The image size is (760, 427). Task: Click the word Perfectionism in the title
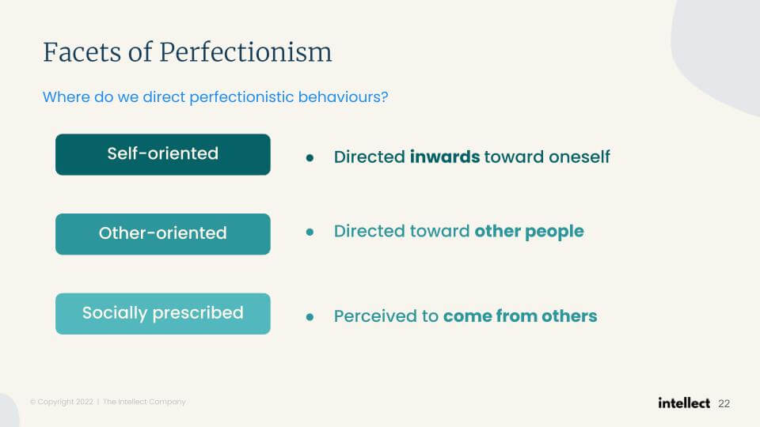pyautogui.click(x=245, y=52)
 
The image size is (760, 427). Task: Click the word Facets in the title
pyautogui.click(x=82, y=52)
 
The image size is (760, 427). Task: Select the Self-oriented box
pyautogui.click(x=163, y=154)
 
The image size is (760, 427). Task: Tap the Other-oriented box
pyautogui.click(x=163, y=234)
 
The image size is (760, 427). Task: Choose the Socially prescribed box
pyautogui.click(x=163, y=314)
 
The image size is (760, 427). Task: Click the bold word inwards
pyautogui.click(x=445, y=157)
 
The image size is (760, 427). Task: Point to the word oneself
pyautogui.click(x=579, y=157)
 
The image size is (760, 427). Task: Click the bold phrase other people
pyautogui.click(x=530, y=232)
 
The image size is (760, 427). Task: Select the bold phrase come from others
pyautogui.click(x=520, y=316)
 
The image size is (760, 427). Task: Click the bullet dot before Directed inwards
pyautogui.click(x=310, y=158)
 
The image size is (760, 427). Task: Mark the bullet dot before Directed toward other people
pyautogui.click(x=310, y=232)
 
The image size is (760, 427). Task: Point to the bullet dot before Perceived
pyautogui.click(x=310, y=317)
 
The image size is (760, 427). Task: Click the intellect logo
pyautogui.click(x=684, y=402)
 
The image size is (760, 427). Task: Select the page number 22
pyautogui.click(x=724, y=404)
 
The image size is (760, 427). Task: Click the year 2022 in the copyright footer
pyautogui.click(x=85, y=402)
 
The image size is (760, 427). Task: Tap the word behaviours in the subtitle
pyautogui.click(x=343, y=96)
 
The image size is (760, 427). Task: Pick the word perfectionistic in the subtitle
pyautogui.click(x=242, y=96)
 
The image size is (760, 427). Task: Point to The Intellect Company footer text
pyautogui.click(x=144, y=402)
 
